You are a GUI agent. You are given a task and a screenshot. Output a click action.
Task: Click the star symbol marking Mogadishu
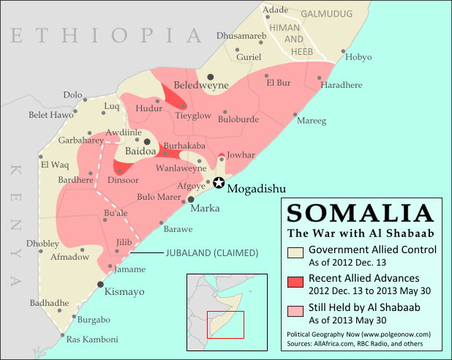pos(219,184)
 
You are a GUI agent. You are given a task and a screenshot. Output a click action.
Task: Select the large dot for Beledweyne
pos(211,76)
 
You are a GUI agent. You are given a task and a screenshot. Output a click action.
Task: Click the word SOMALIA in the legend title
pos(359,213)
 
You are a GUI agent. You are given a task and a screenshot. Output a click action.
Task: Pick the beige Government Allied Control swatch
pos(295,254)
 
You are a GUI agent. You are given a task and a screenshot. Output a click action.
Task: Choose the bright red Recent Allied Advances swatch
pos(295,283)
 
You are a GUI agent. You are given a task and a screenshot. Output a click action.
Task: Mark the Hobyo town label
pos(358,56)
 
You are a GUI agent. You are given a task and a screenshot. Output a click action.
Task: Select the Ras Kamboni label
pos(92,340)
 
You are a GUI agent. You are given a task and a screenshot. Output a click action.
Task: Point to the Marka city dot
pos(192,199)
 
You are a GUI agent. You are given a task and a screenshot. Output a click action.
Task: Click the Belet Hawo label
pos(51,114)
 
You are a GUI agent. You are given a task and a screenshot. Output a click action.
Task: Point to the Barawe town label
pos(178,229)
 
